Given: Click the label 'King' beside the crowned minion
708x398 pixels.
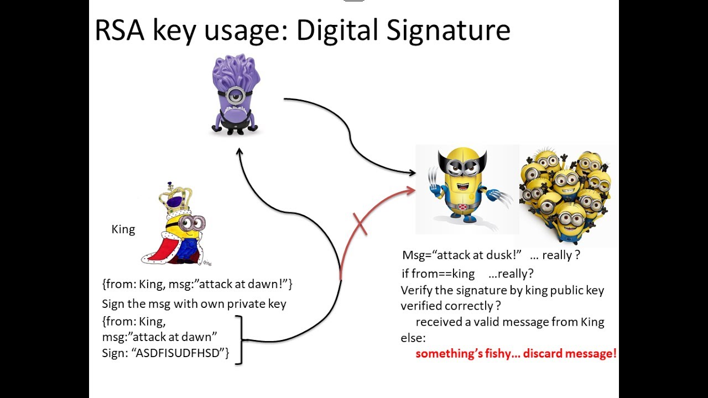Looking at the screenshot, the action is pyautogui.click(x=123, y=229).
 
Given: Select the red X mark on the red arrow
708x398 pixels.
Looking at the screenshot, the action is pyautogui.click(x=360, y=224).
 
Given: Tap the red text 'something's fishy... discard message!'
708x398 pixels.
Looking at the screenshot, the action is pyautogui.click(x=516, y=353).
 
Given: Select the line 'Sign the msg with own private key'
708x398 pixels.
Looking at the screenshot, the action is pyautogui.click(x=194, y=304).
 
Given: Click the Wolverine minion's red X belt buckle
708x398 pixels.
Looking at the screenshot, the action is pyautogui.click(x=462, y=207).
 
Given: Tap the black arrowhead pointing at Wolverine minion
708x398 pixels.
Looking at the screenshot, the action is pyautogui.click(x=412, y=173).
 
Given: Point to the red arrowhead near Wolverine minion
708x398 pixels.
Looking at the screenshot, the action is pyautogui.click(x=411, y=191).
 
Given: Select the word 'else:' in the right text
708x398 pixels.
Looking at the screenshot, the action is pyautogui.click(x=413, y=337).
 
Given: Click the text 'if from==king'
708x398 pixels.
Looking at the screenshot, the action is pyautogui.click(x=438, y=274).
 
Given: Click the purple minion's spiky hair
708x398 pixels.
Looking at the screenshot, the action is pyautogui.click(x=235, y=69).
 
